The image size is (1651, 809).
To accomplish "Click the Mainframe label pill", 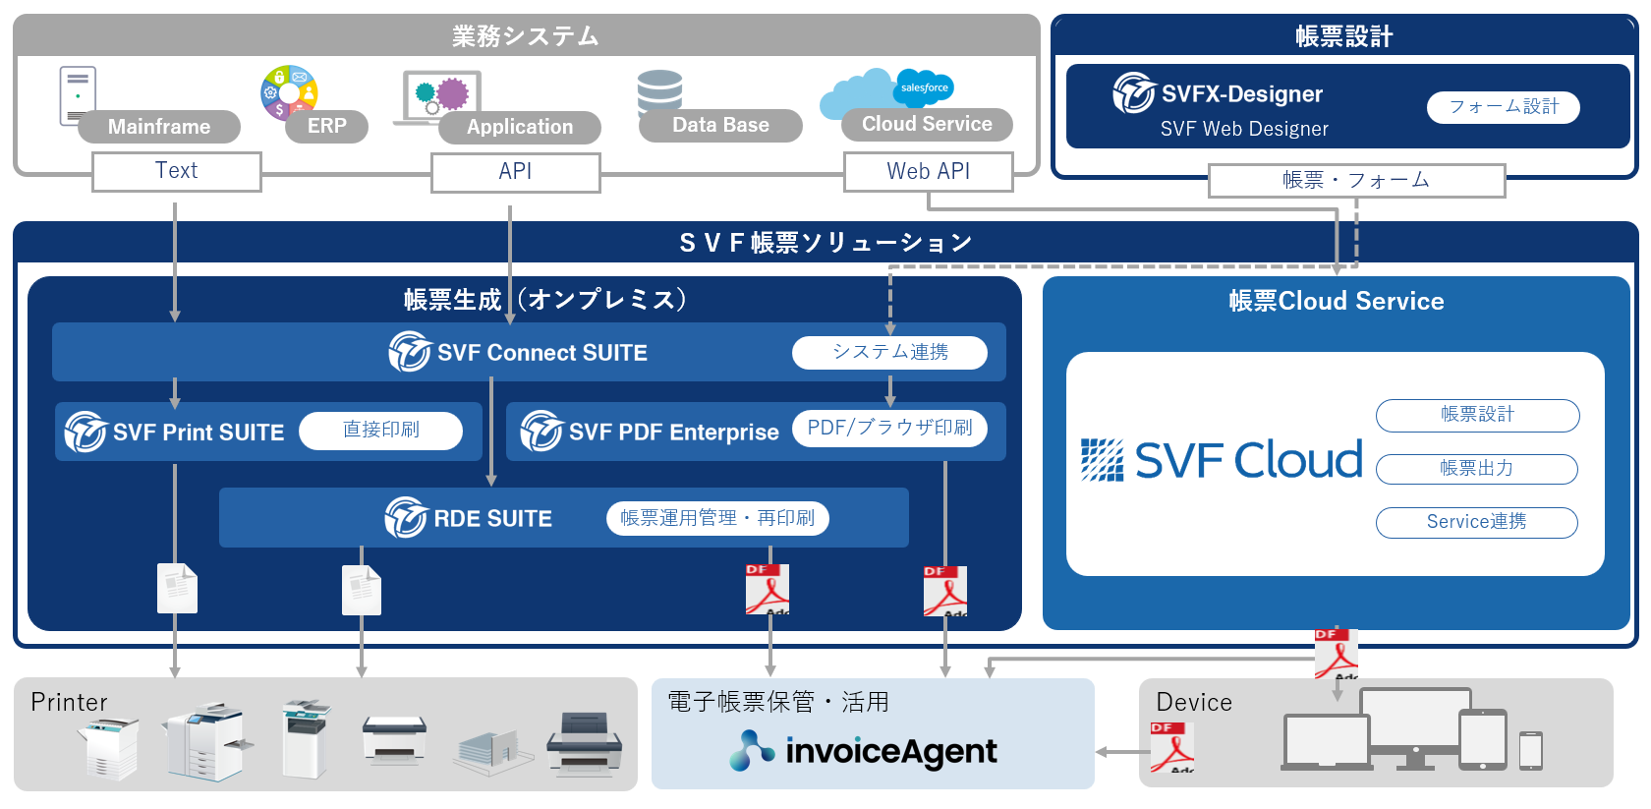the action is tap(159, 127).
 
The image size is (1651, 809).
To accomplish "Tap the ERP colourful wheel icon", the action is tap(289, 91).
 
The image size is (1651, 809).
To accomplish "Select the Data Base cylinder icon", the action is tap(659, 91).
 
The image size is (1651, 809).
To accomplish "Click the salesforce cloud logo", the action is tap(924, 87).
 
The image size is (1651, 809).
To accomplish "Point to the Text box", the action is tap(177, 171).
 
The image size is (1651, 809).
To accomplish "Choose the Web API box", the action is tap(928, 172).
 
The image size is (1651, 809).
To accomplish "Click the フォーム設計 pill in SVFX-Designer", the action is tap(1504, 107).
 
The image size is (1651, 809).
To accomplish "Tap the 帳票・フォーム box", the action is tap(1356, 181).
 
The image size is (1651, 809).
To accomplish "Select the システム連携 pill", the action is tap(889, 353).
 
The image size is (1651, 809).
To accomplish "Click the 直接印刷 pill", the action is tap(380, 431).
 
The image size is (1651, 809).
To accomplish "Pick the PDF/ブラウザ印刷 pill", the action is tap(889, 429).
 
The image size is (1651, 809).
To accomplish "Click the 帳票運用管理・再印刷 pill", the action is tap(717, 518).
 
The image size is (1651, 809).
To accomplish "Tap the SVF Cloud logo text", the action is tap(1248, 459).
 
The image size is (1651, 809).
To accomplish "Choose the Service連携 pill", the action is tap(1476, 522).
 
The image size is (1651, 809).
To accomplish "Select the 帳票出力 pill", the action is tap(1476, 468).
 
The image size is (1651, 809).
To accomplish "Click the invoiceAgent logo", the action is tap(863, 751).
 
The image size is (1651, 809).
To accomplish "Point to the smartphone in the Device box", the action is tap(1531, 751).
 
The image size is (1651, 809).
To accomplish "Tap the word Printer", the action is tap(69, 702).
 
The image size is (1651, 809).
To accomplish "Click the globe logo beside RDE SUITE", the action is tap(405, 518).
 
